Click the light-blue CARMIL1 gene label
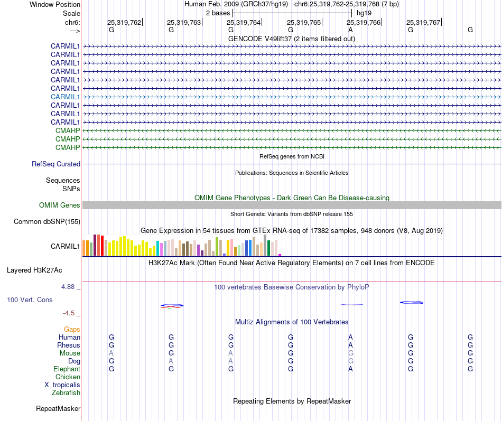pyautogui.click(x=65, y=97)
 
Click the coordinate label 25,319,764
pyautogui.click(x=244, y=22)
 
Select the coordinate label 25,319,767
pyautogui.click(x=423, y=22)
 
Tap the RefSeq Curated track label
pyautogui.click(x=56, y=164)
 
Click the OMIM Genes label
pyautogui.click(x=60, y=205)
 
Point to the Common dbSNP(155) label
pyautogui.click(x=47, y=221)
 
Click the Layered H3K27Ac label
pyautogui.click(x=34, y=270)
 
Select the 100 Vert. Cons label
pyautogui.click(x=30, y=300)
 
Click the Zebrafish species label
pyautogui.click(x=66, y=392)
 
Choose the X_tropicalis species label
pyautogui.click(x=62, y=385)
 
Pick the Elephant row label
pyautogui.click(x=67, y=369)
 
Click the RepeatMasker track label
pyautogui.click(x=58, y=408)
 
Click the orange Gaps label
pyautogui.click(x=72, y=329)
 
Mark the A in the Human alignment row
pyautogui.click(x=350, y=337)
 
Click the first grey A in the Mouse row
pyautogui.click(x=111, y=353)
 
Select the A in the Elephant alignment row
pyautogui.click(x=350, y=369)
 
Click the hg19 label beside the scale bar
pyautogui.click(x=364, y=13)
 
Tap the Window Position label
pyautogui.click(x=55, y=4)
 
